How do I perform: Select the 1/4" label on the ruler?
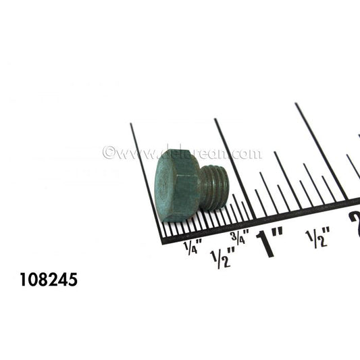tap(192, 248)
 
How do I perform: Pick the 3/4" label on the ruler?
tap(239, 237)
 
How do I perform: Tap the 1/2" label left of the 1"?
tap(222, 257)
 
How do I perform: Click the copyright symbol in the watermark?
tap(107, 153)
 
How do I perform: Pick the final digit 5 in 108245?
tap(72, 278)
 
